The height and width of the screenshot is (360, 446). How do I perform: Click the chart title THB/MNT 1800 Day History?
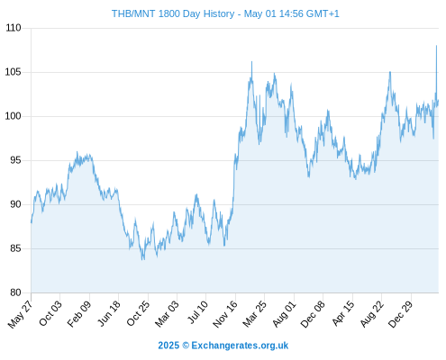coord(173,13)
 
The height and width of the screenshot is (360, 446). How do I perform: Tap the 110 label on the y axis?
coord(14,28)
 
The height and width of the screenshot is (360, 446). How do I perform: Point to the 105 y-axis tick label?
coord(14,72)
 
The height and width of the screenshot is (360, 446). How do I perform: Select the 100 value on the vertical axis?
coord(14,116)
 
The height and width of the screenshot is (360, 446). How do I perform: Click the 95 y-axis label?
coord(15,160)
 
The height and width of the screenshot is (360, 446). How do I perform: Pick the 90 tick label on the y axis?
coord(15,204)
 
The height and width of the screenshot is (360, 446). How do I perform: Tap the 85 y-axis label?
coord(15,248)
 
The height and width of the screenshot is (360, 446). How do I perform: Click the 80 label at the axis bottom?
coord(15,292)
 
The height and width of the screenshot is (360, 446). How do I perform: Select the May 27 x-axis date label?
coord(20,314)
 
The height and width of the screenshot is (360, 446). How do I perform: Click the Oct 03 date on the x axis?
coord(50,313)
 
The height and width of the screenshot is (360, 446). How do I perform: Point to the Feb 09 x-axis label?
coord(79,314)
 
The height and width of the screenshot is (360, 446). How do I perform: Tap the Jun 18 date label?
coord(109,313)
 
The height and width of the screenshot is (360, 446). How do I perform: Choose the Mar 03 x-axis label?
coord(167,314)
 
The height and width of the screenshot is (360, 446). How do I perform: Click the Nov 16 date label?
coord(225,314)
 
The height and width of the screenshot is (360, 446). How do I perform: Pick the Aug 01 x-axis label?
coord(284,314)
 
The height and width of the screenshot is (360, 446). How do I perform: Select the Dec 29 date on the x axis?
coord(401,314)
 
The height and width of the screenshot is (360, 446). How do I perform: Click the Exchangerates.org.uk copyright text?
coord(223,346)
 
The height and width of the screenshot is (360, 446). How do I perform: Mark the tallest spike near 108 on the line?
coord(436,46)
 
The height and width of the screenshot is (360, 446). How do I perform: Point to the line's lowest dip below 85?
coord(143,258)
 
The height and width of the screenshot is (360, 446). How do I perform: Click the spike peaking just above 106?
coord(251,62)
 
